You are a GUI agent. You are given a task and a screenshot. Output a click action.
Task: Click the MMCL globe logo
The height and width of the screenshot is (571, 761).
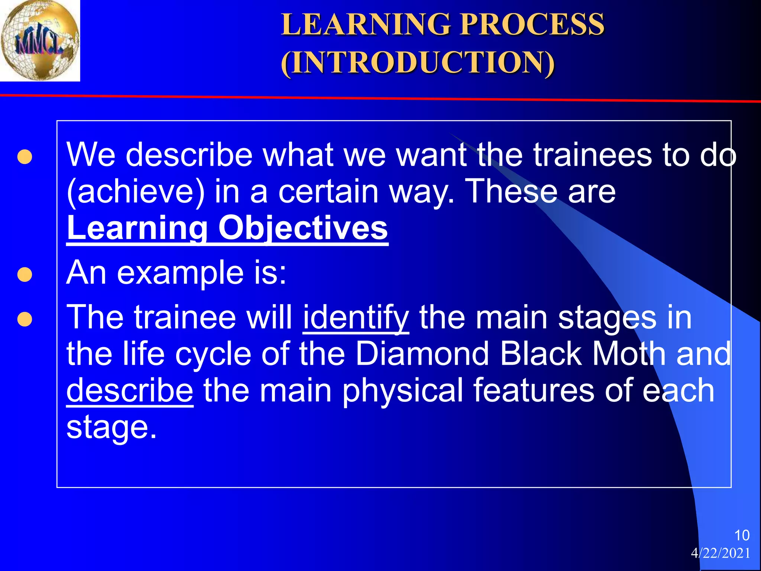pos(40,40)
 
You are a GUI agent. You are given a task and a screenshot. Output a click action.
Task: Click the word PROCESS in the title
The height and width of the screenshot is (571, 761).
pos(532,25)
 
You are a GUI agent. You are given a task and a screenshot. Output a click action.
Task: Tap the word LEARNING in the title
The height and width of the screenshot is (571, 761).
pos(366,25)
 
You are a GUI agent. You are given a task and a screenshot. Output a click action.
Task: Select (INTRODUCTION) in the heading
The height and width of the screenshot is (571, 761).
pos(418,62)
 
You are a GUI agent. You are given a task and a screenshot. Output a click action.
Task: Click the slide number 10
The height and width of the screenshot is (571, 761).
pos(742,535)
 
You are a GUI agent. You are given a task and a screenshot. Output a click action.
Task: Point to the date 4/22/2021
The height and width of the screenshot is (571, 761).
pos(720,553)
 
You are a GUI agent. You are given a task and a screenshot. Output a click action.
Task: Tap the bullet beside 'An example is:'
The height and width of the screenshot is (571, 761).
pos(25,275)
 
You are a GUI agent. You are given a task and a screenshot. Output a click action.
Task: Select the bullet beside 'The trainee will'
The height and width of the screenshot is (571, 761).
pos(25,319)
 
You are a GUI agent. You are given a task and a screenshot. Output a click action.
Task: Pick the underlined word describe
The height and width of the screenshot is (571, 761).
pos(130,391)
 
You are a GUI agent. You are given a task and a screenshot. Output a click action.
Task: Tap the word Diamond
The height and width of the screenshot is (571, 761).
pos(422,354)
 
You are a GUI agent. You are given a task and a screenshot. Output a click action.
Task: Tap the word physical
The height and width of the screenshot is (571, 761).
pos(402,391)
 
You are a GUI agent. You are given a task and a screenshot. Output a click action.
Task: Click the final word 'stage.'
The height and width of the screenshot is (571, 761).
pos(111,427)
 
